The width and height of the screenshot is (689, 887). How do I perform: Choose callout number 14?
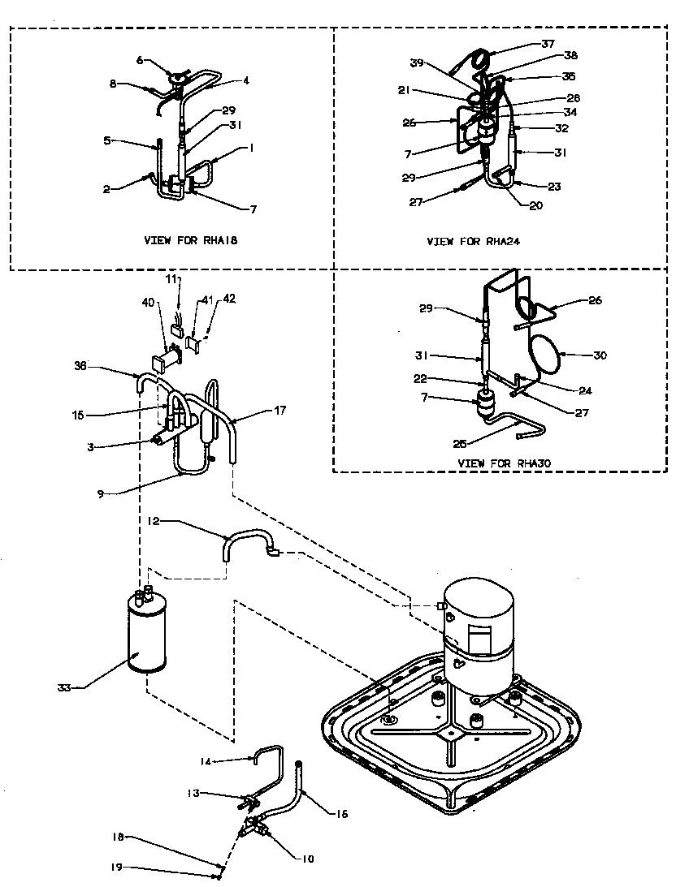click(x=206, y=760)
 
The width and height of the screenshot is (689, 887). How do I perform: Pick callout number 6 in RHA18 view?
click(x=139, y=60)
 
